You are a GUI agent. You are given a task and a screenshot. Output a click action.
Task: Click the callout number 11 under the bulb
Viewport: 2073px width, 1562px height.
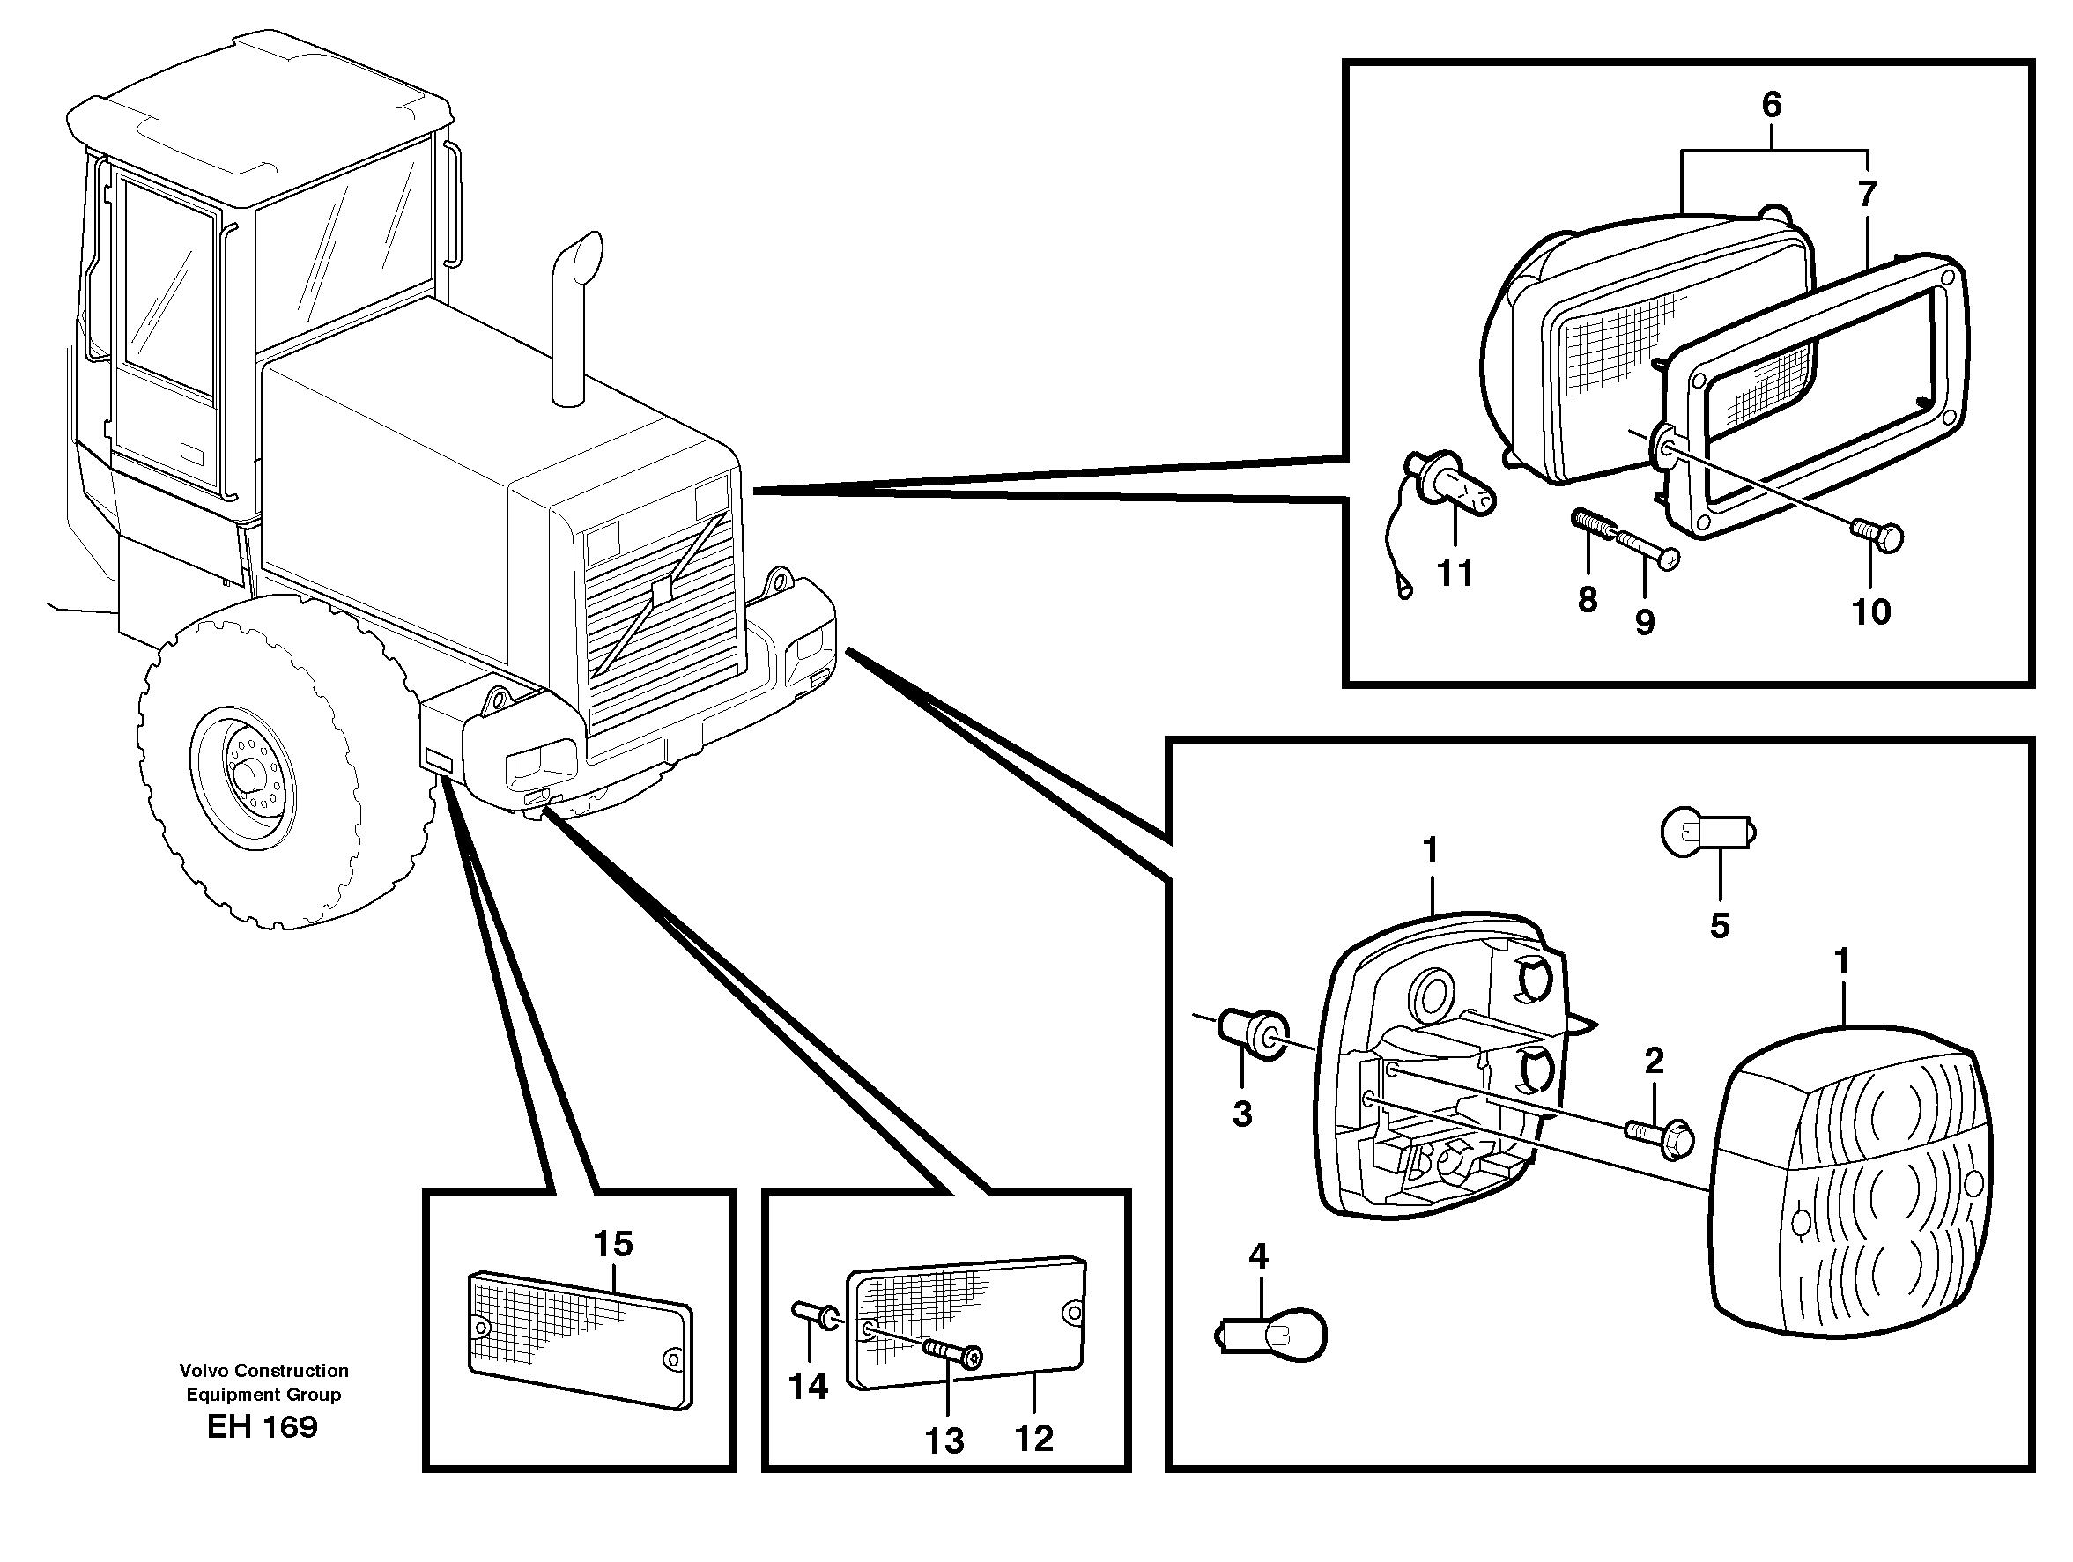click(x=1455, y=574)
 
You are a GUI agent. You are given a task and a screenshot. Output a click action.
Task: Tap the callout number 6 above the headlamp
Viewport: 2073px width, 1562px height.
click(x=1771, y=105)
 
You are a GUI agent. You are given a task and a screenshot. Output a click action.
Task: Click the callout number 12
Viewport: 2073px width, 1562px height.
click(x=1033, y=1438)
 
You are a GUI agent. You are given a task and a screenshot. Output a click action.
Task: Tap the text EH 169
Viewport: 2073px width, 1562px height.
click(x=263, y=1427)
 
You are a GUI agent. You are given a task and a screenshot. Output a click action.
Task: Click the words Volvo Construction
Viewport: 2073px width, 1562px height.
click(x=264, y=1370)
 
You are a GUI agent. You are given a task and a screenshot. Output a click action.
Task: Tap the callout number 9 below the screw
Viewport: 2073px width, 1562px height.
click(x=1645, y=621)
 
